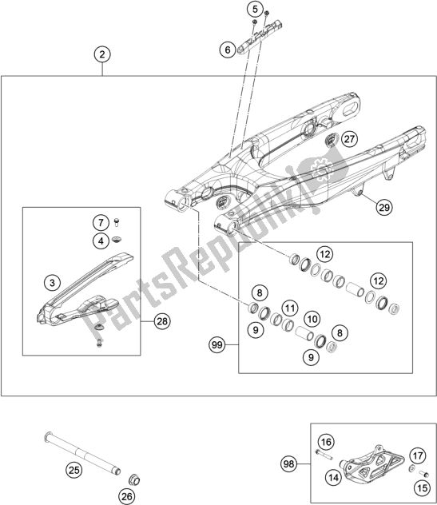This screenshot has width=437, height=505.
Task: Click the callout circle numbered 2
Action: (102, 54)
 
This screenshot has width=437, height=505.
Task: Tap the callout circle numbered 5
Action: (255, 9)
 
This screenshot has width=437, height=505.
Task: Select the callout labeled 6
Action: (228, 50)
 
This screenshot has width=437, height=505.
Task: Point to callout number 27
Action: (349, 139)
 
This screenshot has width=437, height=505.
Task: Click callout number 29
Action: (384, 207)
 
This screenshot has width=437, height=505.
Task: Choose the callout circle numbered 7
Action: (101, 222)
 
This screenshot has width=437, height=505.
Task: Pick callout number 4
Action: (101, 241)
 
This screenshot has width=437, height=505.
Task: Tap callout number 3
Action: (52, 283)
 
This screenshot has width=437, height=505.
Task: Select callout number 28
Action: (162, 321)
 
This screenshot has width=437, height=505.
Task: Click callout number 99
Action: (217, 345)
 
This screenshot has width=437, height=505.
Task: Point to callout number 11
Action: (290, 308)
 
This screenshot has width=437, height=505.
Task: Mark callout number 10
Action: (312, 319)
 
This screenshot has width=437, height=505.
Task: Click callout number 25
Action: (74, 470)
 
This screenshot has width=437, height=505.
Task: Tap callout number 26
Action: (126, 497)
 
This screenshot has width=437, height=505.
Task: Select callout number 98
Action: (289, 464)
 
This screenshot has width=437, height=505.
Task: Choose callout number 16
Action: (326, 442)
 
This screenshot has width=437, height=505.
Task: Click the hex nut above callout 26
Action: (134, 480)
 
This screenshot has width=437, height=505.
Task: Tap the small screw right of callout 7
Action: (117, 221)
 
